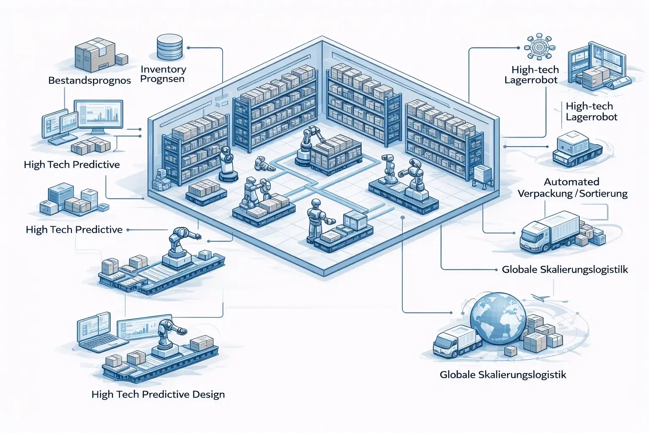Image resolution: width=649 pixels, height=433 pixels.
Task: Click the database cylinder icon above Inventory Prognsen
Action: point(169,47)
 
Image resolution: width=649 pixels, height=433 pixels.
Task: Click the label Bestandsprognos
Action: point(89,80)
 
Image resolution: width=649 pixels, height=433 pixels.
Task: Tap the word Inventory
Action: point(163,69)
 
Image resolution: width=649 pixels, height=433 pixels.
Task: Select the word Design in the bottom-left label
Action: point(208,395)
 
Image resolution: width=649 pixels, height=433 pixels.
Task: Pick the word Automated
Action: point(571,182)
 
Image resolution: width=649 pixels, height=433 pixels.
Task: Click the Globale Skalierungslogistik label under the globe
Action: point(503,375)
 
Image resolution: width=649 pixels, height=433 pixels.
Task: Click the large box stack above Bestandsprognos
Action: point(95,55)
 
